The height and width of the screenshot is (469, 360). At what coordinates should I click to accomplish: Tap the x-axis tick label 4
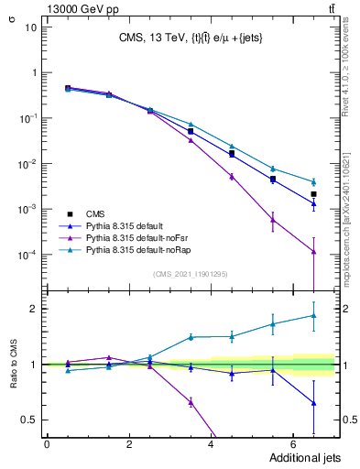[x=211, y=444]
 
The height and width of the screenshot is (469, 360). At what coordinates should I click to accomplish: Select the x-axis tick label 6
[x=292, y=444]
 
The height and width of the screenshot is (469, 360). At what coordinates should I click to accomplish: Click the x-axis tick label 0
[x=47, y=444]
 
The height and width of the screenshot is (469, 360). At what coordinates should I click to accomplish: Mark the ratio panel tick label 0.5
[x=27, y=420]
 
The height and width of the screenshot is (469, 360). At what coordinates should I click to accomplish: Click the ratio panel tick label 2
[x=32, y=309]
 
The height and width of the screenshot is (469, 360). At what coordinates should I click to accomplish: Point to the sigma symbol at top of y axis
[x=12, y=13]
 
